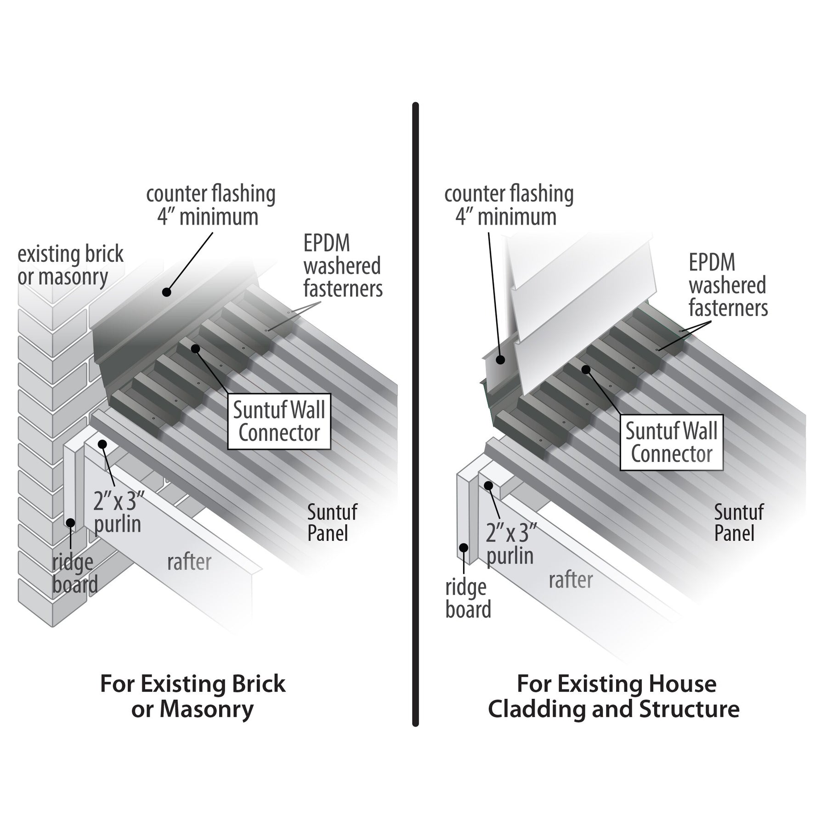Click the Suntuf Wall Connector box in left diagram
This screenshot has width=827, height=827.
279,422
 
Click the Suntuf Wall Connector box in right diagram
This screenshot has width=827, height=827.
671,442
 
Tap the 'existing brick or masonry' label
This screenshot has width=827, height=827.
70,266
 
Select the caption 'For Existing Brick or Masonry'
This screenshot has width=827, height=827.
193,697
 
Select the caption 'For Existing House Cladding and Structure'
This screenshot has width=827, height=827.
613,697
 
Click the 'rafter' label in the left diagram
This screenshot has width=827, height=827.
189,562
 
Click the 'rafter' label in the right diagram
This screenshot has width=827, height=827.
571,580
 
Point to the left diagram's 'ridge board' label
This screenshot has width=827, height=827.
74,573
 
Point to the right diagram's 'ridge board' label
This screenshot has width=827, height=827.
468,599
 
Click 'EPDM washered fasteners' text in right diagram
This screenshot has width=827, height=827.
728,285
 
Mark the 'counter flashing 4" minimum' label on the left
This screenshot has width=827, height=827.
210,205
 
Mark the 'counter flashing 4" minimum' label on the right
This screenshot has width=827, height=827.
509,205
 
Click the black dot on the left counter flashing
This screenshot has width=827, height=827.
166,292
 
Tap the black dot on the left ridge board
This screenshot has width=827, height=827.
70,522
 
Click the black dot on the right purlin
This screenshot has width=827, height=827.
488,486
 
